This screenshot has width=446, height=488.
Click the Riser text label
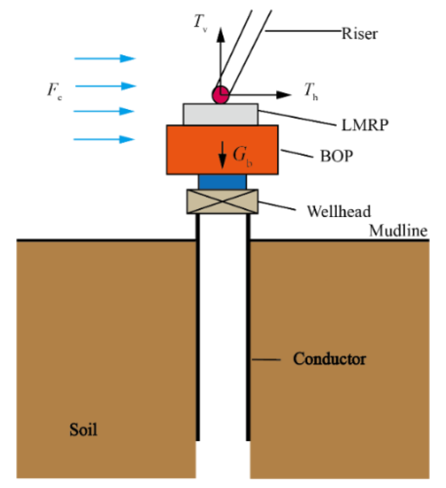pos(359,33)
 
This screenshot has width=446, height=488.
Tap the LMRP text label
pos(365,125)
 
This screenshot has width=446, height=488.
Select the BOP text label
pos(337,156)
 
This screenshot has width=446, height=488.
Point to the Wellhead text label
pos(339,211)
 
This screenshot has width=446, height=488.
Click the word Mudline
pos(398,231)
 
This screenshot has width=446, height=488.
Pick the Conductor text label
pos(329,359)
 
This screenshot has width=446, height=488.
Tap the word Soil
pos(83,430)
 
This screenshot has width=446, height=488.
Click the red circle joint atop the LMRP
pos(220,94)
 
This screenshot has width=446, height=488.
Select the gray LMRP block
pos(220,114)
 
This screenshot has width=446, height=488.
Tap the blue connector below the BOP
pos(222,182)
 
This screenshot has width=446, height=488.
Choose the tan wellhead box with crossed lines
pos(222,202)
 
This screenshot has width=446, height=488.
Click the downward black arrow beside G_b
pos(223,155)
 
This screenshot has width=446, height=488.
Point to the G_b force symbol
pos(242,156)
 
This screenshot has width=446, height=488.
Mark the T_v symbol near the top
pos(200,23)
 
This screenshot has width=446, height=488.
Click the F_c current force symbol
pos(54,90)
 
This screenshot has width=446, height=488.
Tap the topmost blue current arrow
pos(105,58)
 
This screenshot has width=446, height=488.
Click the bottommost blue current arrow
pos(104,139)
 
